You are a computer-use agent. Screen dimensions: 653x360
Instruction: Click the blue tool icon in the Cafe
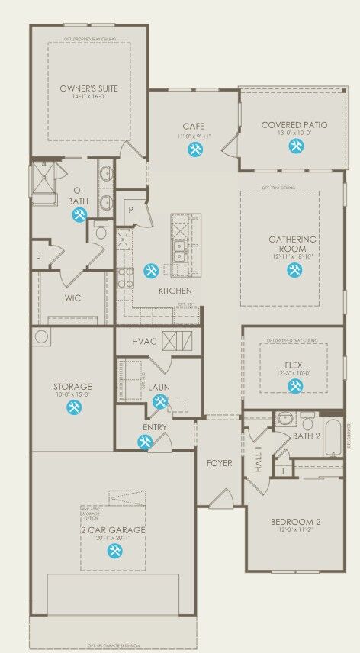coord(194,150)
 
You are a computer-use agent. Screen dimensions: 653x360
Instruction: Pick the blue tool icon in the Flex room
coord(294,386)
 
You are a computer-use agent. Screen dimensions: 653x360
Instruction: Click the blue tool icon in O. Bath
coord(79,216)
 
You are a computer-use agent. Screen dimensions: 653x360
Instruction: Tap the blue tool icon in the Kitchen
coord(150,271)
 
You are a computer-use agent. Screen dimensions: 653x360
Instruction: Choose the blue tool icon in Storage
coord(74,408)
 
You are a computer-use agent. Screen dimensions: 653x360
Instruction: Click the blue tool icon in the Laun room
coord(160,402)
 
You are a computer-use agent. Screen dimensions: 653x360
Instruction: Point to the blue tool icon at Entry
coord(145,442)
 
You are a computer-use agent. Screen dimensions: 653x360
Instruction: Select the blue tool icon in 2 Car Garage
coord(114,551)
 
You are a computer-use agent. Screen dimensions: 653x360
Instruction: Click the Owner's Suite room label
coord(83,88)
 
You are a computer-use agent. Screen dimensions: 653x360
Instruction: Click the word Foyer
coord(220,463)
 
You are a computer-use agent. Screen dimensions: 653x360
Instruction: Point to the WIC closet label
coord(73,298)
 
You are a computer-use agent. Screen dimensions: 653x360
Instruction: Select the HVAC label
coord(144,340)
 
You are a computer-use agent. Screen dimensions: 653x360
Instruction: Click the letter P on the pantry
coord(130,210)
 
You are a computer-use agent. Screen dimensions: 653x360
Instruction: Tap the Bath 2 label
coord(307,436)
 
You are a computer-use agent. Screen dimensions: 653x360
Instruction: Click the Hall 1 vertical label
coord(259,458)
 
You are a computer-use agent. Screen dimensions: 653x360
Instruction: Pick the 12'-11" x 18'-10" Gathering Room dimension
coord(292,258)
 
